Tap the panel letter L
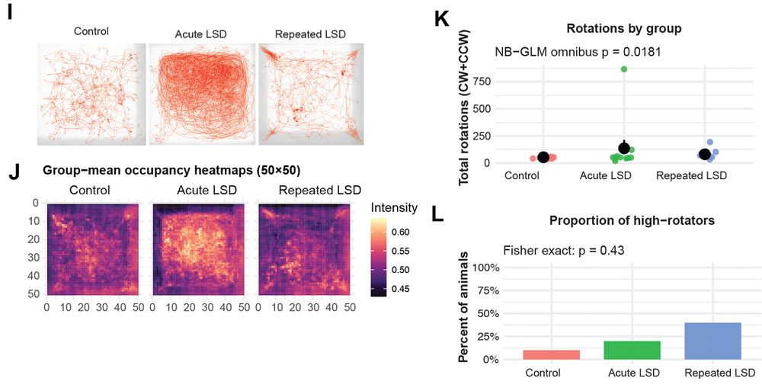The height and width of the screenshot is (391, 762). pos(438,216)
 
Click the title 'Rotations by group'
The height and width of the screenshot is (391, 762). pos(623,29)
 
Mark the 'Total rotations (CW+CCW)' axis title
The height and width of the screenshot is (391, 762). pos(463,107)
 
